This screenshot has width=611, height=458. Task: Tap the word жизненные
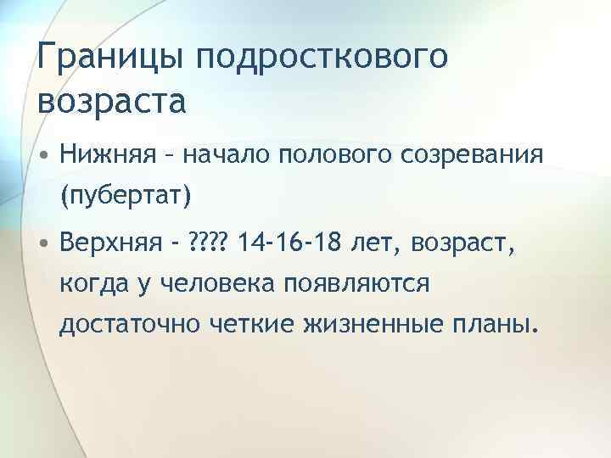pos(397,325)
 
